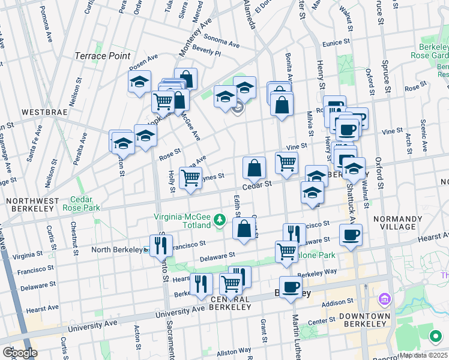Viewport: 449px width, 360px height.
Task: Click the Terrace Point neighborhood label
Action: tap(102, 56)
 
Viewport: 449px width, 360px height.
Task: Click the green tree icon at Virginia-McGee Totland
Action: tap(220, 220)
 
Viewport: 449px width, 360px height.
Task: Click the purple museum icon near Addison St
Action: tap(385, 299)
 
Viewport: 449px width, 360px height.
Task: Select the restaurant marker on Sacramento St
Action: tap(161, 244)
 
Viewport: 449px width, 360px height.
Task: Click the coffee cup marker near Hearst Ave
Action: tap(351, 234)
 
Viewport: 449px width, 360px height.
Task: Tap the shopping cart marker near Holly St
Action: tap(191, 178)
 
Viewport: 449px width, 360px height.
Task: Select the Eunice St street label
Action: tap(335, 43)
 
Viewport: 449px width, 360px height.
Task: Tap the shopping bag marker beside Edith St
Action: tap(244, 229)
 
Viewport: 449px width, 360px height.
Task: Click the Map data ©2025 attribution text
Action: tap(423, 355)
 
